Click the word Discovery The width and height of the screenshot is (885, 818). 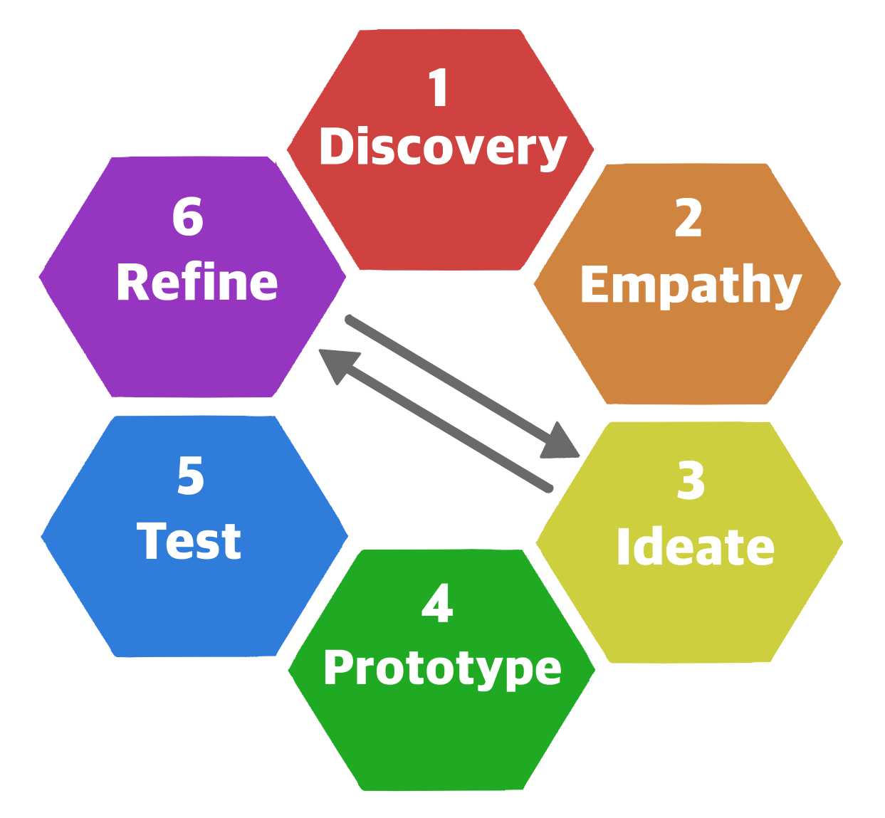tap(442, 147)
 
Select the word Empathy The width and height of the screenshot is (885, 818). tap(691, 285)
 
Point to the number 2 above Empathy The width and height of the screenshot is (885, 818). tap(688, 219)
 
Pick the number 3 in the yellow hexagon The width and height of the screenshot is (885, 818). tap(691, 480)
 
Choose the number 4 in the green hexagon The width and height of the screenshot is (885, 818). tap(437, 604)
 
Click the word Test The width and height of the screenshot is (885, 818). tap(189, 541)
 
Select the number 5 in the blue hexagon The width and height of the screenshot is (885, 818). tap(191, 475)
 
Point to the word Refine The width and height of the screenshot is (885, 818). tap(197, 283)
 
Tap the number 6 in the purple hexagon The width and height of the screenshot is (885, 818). tap(188, 216)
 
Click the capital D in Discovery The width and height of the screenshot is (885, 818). tap(336, 147)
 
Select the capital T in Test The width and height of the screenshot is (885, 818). tap(151, 541)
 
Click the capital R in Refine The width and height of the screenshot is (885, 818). tap(132, 283)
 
